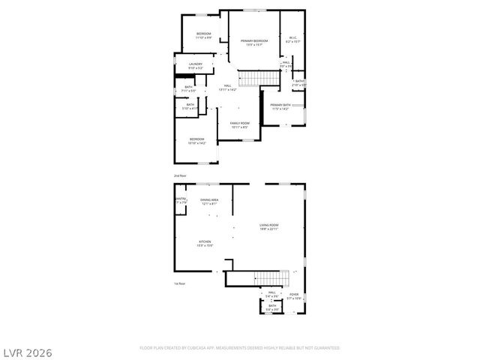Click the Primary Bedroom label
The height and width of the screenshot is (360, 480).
[x=254, y=42]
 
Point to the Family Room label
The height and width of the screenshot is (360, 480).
[x=240, y=124]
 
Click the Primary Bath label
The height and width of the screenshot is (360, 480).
[x=280, y=106]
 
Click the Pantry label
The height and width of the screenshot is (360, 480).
[x=180, y=200]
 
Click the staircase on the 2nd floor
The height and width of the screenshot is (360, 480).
[x=254, y=78]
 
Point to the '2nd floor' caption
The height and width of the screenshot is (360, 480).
[x=180, y=175]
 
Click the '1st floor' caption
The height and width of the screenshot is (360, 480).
[x=179, y=284]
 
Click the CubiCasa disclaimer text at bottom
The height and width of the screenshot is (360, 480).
[x=240, y=348]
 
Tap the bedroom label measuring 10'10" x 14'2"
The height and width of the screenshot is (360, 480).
[x=196, y=140]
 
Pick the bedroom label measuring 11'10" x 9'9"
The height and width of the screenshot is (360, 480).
[x=204, y=35]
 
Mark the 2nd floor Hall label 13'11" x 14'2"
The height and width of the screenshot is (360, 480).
[x=228, y=88]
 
